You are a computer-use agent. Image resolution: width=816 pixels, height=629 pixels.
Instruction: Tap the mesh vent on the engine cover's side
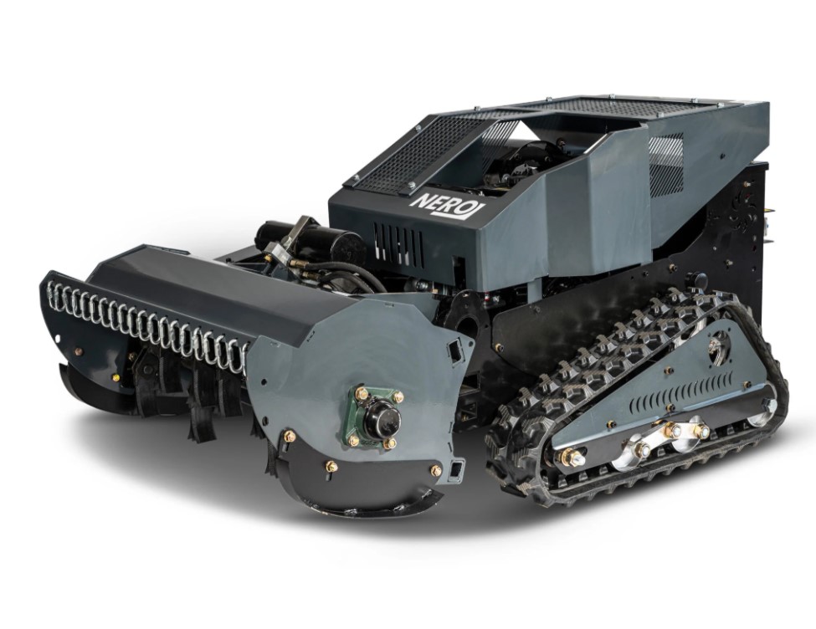[666, 162]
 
